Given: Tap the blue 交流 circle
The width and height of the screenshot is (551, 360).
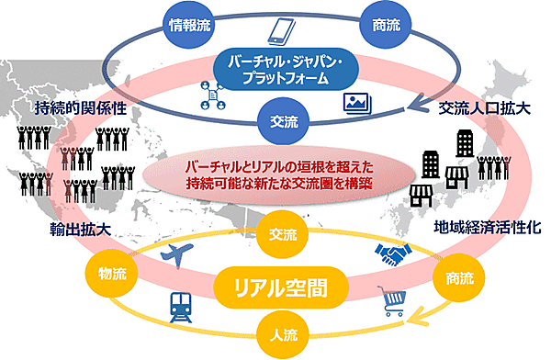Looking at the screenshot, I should (276, 120).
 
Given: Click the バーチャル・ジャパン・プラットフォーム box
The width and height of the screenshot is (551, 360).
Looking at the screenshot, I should (276, 73).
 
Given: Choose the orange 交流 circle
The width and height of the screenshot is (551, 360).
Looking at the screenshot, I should (276, 233).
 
